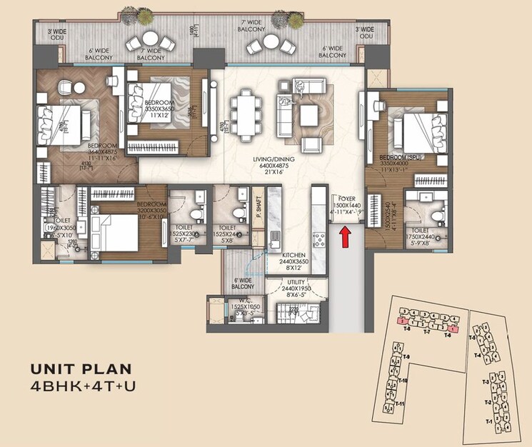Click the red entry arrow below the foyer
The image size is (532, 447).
tap(345, 235)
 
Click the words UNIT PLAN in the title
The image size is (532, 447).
tap(81, 369)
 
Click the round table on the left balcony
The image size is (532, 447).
tap(151, 40)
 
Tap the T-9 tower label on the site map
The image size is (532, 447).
tap(406, 356)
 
